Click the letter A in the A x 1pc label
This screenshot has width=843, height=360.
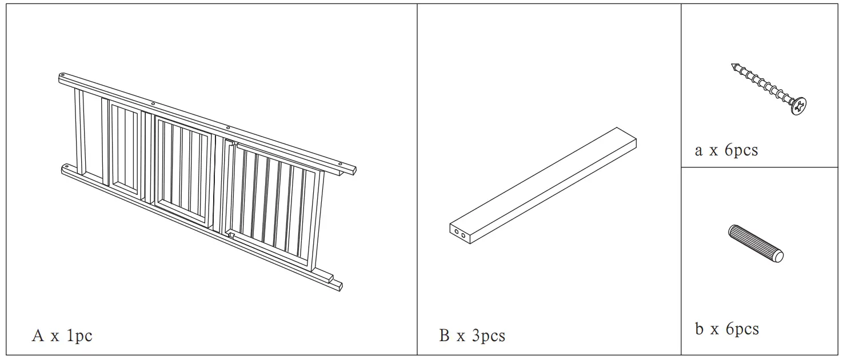point(38,336)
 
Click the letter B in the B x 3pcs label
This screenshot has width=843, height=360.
point(444,335)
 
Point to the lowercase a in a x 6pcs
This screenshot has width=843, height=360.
point(698,151)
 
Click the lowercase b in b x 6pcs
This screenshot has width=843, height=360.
point(699,329)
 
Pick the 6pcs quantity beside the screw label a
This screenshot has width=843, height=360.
point(741,150)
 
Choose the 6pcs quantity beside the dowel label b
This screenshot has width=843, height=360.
point(742,329)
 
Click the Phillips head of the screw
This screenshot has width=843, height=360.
point(799,106)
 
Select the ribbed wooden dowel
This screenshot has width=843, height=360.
point(755,243)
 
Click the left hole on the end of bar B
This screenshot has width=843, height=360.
point(456,231)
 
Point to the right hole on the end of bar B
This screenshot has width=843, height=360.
point(464,235)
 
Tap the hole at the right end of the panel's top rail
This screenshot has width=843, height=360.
point(341,163)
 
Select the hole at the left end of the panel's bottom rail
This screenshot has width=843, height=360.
point(66,167)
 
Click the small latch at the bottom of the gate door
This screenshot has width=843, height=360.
point(231,235)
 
